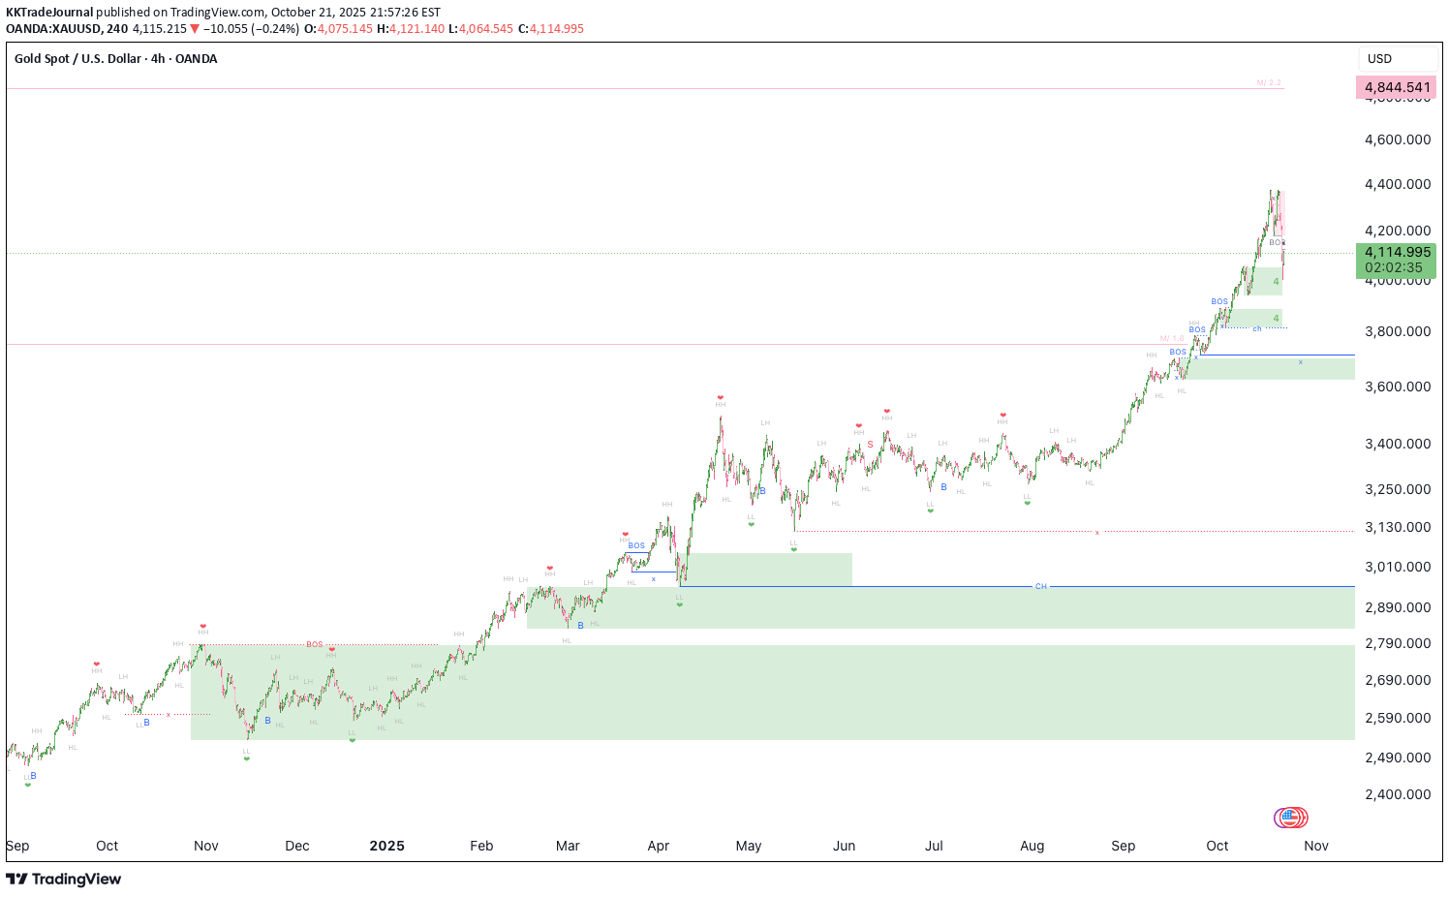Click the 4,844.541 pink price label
[x=1397, y=87]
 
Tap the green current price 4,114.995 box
[x=1397, y=260]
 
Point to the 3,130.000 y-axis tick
[x=1397, y=527]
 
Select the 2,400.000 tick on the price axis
[x=1397, y=794]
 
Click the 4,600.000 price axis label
[x=1397, y=139]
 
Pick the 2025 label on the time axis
[x=386, y=846]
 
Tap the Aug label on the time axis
[x=1032, y=846]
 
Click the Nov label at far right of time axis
[x=1315, y=846]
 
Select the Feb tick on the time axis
[x=481, y=846]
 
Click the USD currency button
[x=1379, y=59]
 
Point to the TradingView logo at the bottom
[x=64, y=879]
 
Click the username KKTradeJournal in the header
[x=49, y=13]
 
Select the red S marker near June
[x=870, y=445]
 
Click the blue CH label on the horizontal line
[x=1041, y=586]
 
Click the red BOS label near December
[x=315, y=644]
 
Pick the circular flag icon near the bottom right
[x=1290, y=818]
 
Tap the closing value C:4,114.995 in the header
[x=551, y=29]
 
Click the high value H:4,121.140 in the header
[x=411, y=29]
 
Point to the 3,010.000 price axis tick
[x=1397, y=567]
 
